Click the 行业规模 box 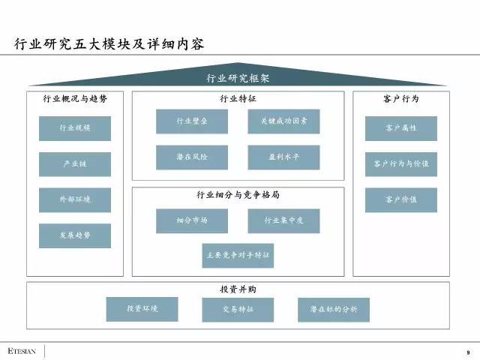click(75, 128)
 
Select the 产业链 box click(75, 164)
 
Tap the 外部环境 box click(75, 200)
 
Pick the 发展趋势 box click(75, 235)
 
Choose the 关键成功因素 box click(283, 121)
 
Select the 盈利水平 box click(283, 157)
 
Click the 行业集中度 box click(283, 221)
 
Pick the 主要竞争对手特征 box click(238, 256)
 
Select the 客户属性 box click(401, 128)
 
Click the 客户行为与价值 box click(401, 163)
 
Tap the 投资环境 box click(142, 309)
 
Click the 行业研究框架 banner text click(238, 79)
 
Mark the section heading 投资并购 click(238, 289)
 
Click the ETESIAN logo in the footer click(22, 351)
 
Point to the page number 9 click(467, 352)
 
